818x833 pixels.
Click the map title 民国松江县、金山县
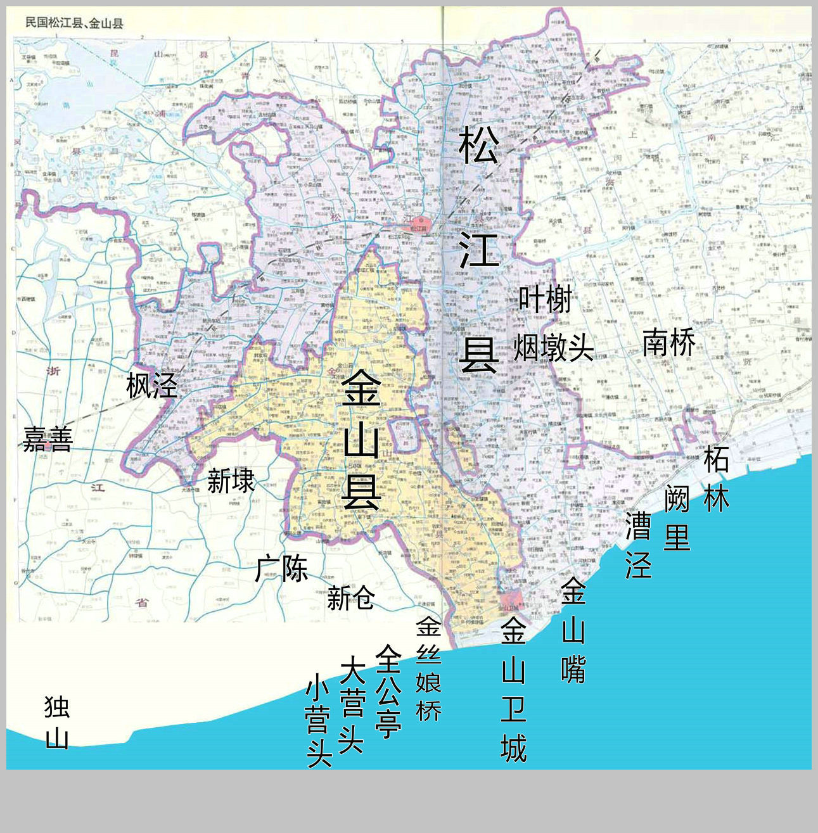(74, 24)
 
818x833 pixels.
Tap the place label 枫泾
(151, 385)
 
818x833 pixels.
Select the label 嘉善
(48, 438)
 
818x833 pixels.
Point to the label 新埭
(231, 481)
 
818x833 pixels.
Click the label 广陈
(281, 568)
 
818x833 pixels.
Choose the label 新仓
(350, 597)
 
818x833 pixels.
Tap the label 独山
(57, 722)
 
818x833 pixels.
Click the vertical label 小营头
(319, 720)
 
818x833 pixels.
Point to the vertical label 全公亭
(388, 691)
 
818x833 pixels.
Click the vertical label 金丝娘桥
(428, 669)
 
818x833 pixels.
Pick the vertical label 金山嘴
(573, 630)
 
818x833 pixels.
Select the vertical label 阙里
(677, 518)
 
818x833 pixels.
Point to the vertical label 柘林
(717, 478)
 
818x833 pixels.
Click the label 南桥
(669, 343)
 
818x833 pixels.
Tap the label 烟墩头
(553, 347)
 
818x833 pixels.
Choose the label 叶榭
(545, 299)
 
